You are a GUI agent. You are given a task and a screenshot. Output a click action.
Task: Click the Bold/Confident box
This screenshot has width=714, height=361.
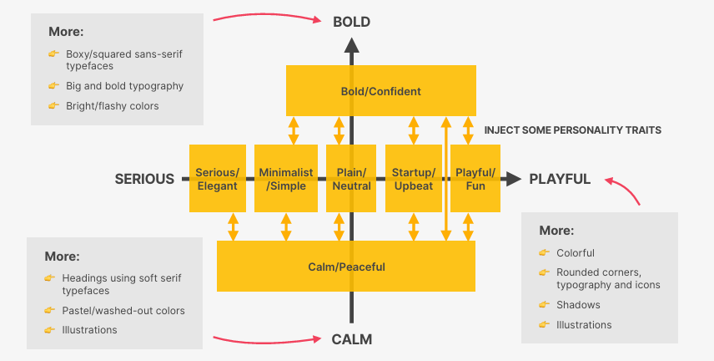[381, 90]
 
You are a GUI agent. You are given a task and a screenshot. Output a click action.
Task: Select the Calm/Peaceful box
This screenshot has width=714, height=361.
[346, 266]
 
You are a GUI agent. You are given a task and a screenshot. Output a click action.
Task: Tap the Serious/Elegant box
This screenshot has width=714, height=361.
[218, 179]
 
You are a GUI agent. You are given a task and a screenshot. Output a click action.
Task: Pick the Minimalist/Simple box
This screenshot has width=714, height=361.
[286, 179]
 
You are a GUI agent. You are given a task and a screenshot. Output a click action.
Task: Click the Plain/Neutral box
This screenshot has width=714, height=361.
[351, 179]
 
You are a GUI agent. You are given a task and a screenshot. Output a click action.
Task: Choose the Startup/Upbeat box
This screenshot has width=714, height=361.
[414, 179]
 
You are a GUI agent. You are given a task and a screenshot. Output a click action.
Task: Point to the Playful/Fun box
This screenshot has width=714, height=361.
[475, 179]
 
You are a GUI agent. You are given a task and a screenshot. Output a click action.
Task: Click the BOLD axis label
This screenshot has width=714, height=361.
[351, 22]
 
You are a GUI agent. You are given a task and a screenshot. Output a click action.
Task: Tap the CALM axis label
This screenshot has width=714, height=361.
[351, 339]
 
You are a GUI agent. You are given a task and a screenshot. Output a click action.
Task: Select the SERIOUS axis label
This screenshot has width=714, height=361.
[144, 179]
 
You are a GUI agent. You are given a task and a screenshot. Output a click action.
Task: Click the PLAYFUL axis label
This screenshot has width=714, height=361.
[560, 179]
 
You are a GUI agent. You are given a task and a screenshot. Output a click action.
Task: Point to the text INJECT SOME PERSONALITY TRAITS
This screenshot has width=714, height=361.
[572, 130]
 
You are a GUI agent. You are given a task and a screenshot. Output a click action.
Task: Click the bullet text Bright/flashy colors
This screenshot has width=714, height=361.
[112, 106]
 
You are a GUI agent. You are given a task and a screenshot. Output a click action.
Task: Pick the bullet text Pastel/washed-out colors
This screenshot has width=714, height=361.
[123, 311]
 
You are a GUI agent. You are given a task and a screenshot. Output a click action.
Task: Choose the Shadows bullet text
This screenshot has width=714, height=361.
[578, 305]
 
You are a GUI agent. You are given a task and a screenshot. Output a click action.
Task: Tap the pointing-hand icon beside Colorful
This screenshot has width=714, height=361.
[544, 252]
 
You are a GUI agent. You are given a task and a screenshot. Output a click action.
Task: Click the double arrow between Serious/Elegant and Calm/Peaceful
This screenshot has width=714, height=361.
[234, 226]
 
